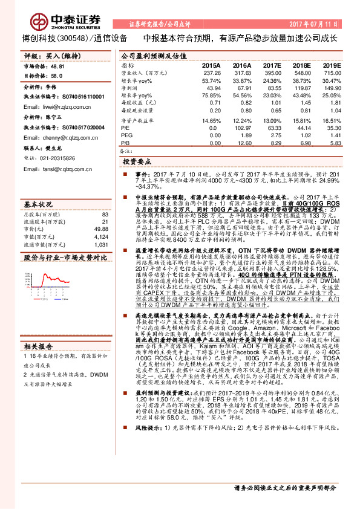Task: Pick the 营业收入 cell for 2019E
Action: [331, 73]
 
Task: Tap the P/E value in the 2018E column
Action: [303, 128]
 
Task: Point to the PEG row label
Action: [126, 135]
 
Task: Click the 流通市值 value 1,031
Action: [101, 244]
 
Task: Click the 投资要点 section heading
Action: [137, 163]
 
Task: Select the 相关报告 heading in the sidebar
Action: [39, 346]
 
